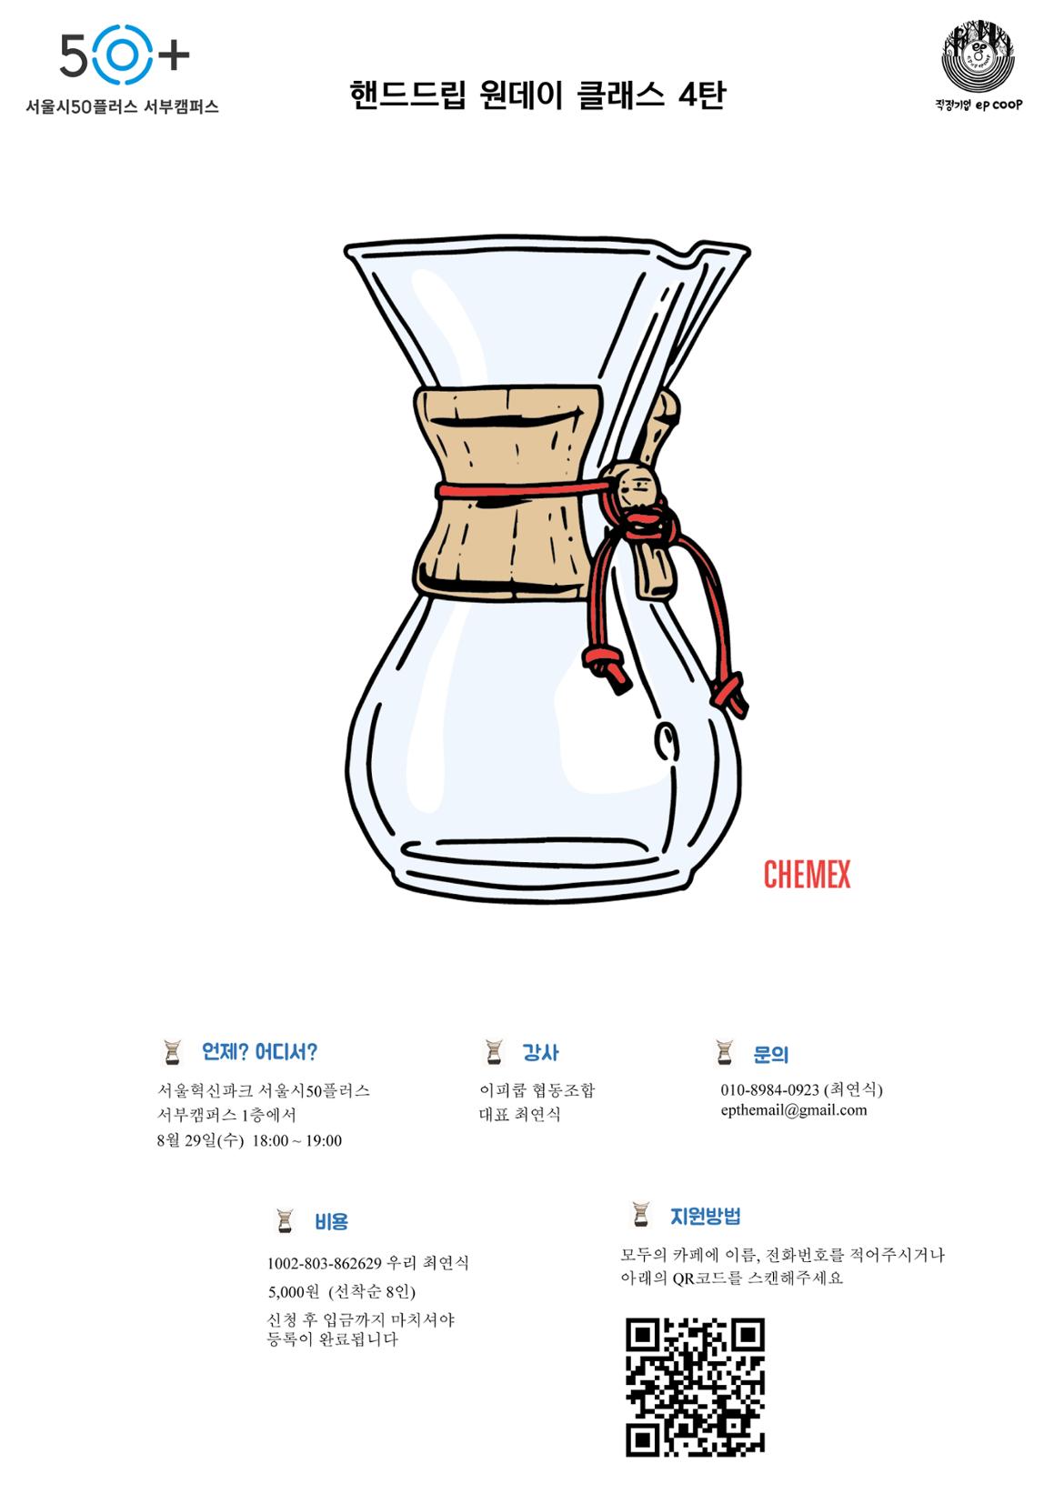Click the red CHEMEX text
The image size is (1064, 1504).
pos(807,874)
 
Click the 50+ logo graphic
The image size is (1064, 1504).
pos(125,55)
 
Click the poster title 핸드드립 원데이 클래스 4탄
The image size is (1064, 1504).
pos(537,95)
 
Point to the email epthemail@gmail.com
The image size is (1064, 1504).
pos(794,1110)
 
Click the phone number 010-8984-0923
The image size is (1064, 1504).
pos(770,1089)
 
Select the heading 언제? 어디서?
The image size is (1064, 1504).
pos(259,1051)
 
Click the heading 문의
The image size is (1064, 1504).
pos(770,1054)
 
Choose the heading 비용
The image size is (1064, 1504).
pos(331,1220)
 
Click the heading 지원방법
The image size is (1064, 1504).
pos(705,1216)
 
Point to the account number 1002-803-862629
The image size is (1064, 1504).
pos(325,1263)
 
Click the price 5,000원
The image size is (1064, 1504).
pos(294,1291)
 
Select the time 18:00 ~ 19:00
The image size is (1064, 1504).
pos(296,1140)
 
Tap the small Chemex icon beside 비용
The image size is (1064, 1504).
pos(286,1220)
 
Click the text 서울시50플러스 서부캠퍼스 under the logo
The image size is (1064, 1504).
pos(122,106)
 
